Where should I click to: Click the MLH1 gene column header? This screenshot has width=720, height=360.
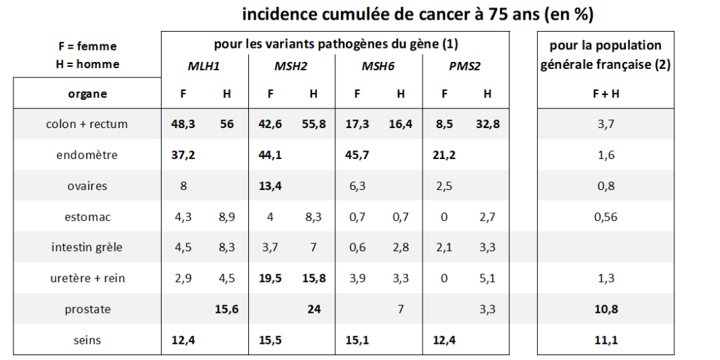pos(203,66)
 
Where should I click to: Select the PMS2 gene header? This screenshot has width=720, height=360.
pos(464,66)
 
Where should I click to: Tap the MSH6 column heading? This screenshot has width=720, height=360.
pos(378,66)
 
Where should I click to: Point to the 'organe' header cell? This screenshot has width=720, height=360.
pos(87,94)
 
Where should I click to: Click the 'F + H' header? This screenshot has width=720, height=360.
pos(605,94)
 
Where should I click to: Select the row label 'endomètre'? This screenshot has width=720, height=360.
pos(87,155)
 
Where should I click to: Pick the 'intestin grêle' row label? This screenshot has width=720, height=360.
pos(87,247)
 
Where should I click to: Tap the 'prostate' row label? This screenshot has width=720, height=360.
pos(87,309)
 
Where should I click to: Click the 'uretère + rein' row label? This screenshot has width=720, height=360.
pos(87,278)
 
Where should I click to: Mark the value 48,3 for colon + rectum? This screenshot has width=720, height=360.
pos(183,124)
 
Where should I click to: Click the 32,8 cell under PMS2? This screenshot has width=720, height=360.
pos(488,124)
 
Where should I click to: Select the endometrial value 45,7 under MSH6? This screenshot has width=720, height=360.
pos(356,155)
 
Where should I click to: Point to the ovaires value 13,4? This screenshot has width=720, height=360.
pos(270,186)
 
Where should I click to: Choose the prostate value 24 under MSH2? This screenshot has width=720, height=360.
pos(314,309)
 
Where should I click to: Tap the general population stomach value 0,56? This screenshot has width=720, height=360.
pos(605,217)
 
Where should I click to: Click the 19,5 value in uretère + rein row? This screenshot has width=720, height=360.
pos(270,278)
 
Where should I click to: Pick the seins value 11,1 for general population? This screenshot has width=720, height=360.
pos(605,340)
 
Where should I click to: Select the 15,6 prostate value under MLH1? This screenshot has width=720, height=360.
pos(226,309)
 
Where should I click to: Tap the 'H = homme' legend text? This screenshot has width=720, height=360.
pos(86,64)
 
